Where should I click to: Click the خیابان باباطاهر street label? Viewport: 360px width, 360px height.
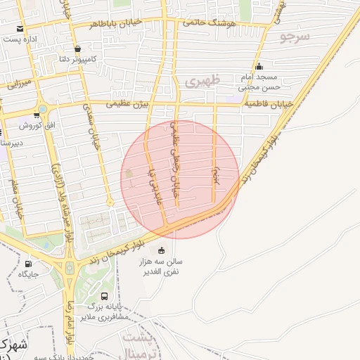coord(116,23)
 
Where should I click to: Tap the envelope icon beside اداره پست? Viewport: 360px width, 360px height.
coord(20,29)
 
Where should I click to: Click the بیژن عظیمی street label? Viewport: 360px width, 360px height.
coord(127,103)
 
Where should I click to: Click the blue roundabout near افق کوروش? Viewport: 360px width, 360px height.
coord(43,109)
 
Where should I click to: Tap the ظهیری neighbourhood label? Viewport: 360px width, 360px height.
coord(202,82)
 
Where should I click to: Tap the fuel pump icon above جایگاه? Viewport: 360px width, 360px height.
coord(27,264)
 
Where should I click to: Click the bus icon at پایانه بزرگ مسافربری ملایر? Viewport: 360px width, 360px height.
coord(105,297)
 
